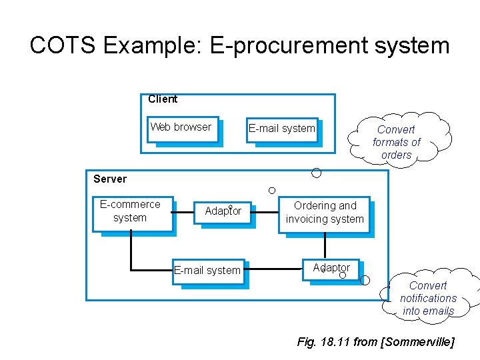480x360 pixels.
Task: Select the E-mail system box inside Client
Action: tap(281, 130)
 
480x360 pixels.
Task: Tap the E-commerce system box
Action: tap(131, 213)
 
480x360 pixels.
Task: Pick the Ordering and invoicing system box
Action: tap(325, 214)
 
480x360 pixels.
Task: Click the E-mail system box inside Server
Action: tap(207, 271)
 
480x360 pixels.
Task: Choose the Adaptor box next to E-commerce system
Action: tap(223, 212)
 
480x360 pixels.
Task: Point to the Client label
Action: tap(163, 99)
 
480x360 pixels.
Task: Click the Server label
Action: tap(110, 179)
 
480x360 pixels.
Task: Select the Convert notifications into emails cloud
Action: tap(428, 298)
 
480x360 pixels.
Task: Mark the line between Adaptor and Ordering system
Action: tap(267, 213)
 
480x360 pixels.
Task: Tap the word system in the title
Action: tap(413, 46)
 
